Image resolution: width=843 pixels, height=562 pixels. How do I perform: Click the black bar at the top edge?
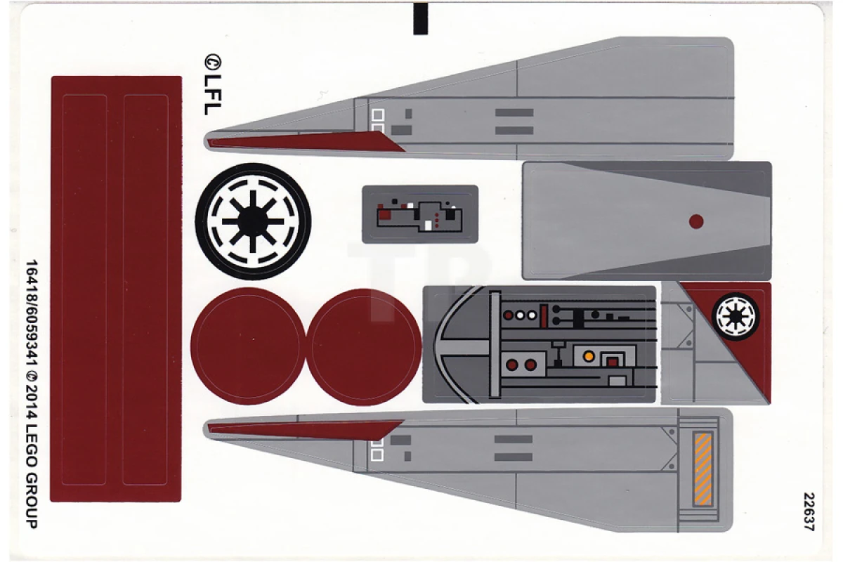coord(420,18)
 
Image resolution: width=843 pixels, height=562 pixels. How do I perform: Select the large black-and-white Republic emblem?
coord(253,222)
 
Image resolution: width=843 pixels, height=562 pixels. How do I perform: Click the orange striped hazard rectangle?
coord(702,469)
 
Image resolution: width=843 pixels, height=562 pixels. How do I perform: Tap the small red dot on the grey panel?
coord(696,221)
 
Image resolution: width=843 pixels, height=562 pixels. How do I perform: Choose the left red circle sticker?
coord(247,346)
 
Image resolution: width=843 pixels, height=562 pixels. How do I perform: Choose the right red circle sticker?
coord(365,346)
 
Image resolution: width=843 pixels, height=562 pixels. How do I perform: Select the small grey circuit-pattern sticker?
coord(420,214)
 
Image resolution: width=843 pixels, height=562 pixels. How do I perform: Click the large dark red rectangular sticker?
coord(116,288)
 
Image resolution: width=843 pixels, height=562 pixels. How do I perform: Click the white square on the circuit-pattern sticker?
coord(428,225)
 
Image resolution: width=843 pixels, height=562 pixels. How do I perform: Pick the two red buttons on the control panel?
coord(521,365)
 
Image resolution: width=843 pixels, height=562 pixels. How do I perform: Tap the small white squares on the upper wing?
coord(378,119)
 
